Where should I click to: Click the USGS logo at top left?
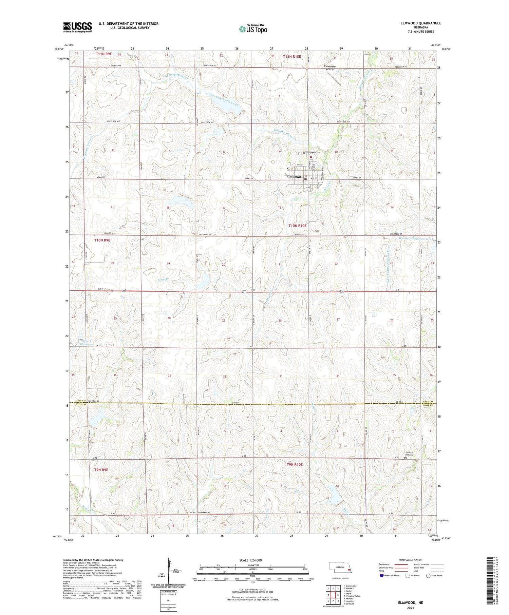[x=77, y=27]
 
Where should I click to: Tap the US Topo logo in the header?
[x=253, y=29]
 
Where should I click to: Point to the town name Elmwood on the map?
[x=294, y=177]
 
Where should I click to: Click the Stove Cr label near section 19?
[x=163, y=280]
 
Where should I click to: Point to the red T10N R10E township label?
[x=297, y=226]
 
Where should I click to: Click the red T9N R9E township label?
[x=101, y=470]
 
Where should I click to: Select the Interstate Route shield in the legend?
[x=382, y=576]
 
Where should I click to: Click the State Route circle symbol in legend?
[x=428, y=576]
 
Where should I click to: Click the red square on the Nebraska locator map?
[x=349, y=570]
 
